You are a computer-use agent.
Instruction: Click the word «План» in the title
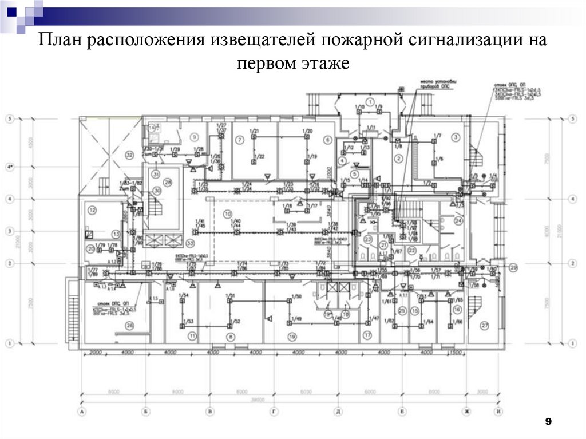[60, 42]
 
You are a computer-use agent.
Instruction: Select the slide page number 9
[548, 422]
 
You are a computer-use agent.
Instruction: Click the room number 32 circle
[129, 155]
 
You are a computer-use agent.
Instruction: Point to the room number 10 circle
[227, 213]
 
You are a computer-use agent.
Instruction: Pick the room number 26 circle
[129, 326]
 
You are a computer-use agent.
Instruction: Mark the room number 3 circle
[456, 137]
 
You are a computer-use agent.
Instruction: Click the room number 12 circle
[92, 210]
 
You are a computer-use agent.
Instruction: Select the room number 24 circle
[458, 220]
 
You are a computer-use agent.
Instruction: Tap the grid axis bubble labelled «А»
[83, 411]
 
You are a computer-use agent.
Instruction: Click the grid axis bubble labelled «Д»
[339, 411]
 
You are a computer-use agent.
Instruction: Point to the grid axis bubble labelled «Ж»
[467, 411]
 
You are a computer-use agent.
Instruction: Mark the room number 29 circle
[513, 267]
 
